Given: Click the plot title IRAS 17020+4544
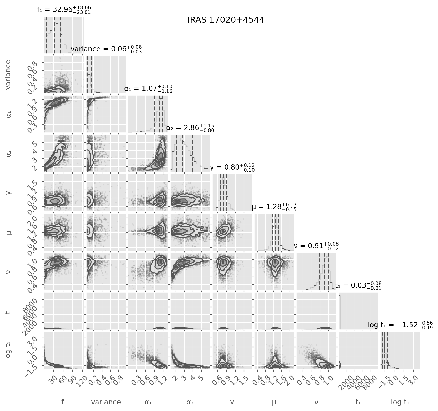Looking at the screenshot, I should coord(226,20).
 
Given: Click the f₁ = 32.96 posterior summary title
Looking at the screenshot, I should coord(64,9).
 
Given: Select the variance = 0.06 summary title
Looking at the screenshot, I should coord(106,49).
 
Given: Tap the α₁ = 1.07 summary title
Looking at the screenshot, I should coord(148,89).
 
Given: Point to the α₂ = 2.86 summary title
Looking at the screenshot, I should coord(190,128).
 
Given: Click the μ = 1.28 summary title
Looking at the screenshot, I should coord(274,207).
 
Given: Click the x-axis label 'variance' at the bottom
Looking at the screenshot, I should coord(106,402).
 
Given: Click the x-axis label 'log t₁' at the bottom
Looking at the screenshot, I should coord(400,402).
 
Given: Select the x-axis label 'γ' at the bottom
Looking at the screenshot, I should coord(232,402).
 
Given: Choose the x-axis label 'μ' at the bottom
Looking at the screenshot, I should coord(274,402).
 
